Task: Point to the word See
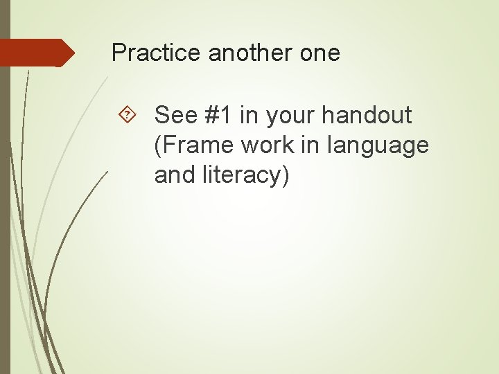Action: [176, 115]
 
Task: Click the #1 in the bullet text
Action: [218, 115]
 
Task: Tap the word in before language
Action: [316, 145]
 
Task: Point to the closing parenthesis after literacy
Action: [284, 175]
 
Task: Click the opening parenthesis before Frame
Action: [159, 145]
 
